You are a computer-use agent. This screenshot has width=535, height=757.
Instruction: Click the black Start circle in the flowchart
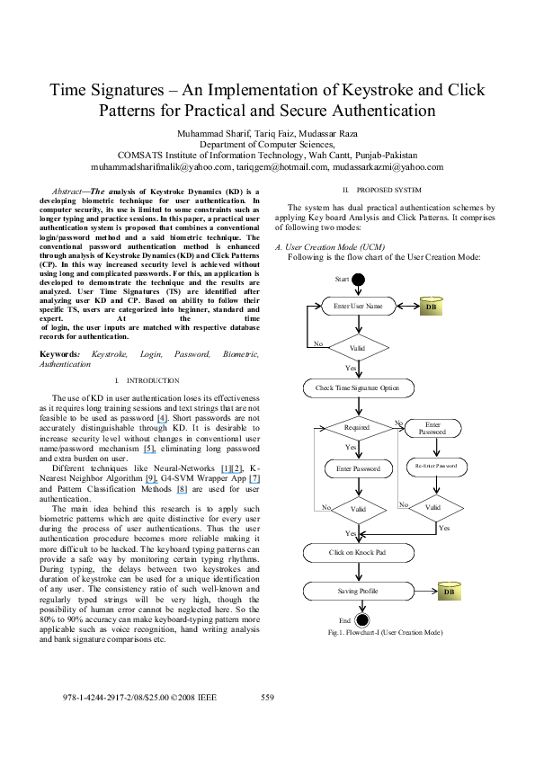(x=359, y=281)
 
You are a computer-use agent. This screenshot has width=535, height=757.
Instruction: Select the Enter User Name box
(x=358, y=307)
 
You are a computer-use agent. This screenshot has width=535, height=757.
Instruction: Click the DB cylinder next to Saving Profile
(x=450, y=592)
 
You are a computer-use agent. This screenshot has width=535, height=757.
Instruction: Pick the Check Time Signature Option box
(x=358, y=388)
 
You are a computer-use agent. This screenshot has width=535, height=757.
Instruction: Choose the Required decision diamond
(x=358, y=428)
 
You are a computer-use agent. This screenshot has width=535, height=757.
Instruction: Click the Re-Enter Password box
(x=435, y=466)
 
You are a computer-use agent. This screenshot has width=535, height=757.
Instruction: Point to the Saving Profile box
(x=358, y=592)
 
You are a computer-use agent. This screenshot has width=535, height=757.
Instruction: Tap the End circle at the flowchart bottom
(x=359, y=620)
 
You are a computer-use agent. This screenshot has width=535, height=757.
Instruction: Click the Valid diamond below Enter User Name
(x=358, y=346)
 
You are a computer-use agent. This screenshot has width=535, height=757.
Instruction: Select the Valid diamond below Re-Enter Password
(x=434, y=507)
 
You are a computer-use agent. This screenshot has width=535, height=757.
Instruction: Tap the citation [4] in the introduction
(x=160, y=419)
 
